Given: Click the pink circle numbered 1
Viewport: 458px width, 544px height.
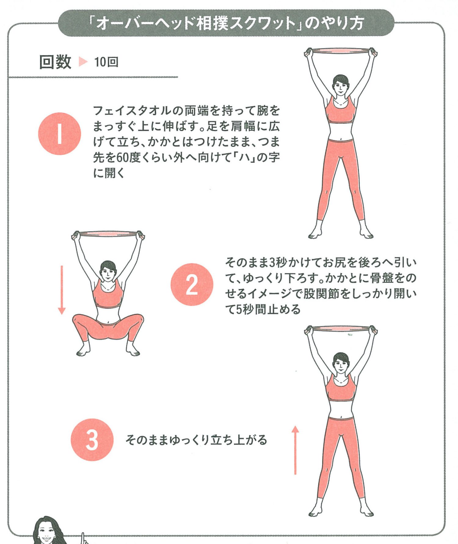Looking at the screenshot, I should pyautogui.click(x=60, y=134).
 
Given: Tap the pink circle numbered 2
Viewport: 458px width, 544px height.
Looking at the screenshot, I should pyautogui.click(x=192, y=284).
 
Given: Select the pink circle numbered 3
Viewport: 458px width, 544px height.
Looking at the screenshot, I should pyautogui.click(x=92, y=439).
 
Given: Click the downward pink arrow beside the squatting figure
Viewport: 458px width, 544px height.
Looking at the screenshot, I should pyautogui.click(x=62, y=290).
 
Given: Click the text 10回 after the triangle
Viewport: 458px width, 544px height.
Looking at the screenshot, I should pyautogui.click(x=106, y=62).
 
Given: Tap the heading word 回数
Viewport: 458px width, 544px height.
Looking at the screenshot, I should pyautogui.click(x=55, y=62).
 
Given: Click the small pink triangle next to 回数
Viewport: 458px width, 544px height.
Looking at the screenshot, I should pyautogui.click(x=82, y=62).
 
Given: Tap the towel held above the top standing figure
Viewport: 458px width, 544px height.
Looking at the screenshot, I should pyautogui.click(x=341, y=51).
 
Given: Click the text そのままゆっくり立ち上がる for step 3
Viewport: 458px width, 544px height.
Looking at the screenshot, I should pyautogui.click(x=196, y=440).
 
